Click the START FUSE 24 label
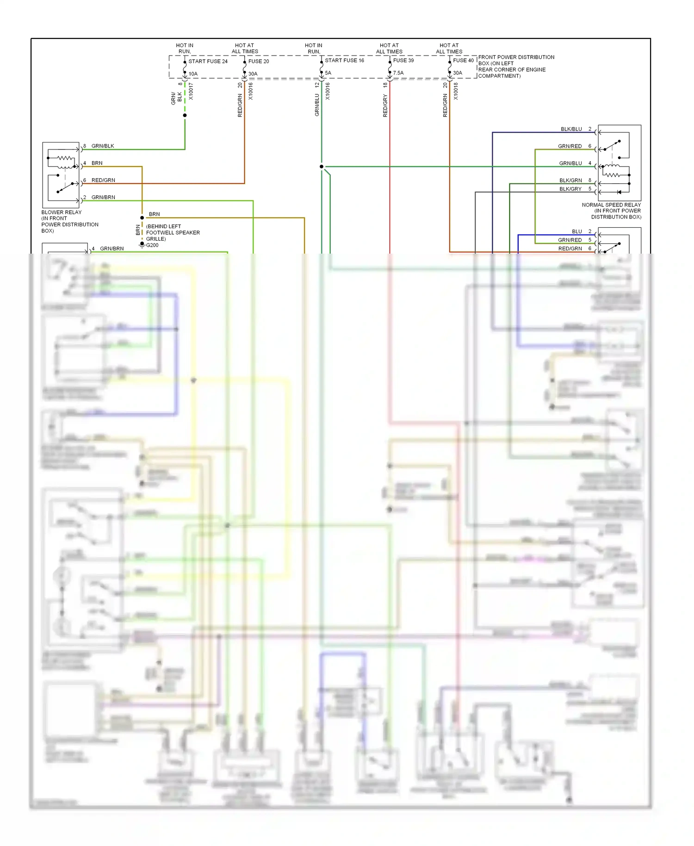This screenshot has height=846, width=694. (208, 61)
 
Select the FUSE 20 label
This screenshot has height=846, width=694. (259, 61)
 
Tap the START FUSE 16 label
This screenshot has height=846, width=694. (344, 60)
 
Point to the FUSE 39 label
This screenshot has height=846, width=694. (403, 60)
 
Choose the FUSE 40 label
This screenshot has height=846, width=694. (463, 60)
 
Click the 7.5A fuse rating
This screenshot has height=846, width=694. (398, 73)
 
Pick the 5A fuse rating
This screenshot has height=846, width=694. (328, 73)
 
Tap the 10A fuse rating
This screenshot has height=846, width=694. (193, 74)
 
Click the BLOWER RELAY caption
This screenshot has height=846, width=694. (62, 212)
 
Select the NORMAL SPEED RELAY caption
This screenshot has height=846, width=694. (611, 205)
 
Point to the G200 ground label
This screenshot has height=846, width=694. (152, 245)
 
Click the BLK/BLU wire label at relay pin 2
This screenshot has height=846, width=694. (571, 129)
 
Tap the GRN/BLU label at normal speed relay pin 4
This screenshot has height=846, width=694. (570, 163)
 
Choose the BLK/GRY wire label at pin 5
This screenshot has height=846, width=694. (570, 189)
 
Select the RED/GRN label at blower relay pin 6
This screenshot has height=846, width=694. (103, 180)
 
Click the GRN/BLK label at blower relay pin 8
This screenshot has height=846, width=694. (103, 146)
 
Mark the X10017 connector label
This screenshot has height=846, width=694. (191, 91)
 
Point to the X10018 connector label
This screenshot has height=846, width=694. (456, 91)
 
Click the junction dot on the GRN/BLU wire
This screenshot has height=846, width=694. (322, 167)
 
